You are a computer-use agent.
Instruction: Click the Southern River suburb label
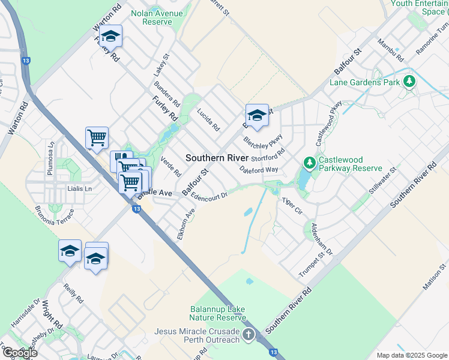point(217,157)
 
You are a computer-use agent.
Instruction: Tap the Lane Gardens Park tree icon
point(409,81)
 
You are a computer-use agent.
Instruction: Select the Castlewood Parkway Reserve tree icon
point(309,163)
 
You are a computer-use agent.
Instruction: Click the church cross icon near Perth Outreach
point(249,334)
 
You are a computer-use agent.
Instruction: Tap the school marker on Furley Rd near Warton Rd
point(110,37)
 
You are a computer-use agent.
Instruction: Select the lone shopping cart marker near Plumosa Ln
point(97,138)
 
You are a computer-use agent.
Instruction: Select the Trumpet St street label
point(316,265)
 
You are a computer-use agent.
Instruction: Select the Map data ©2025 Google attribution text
point(412,355)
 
